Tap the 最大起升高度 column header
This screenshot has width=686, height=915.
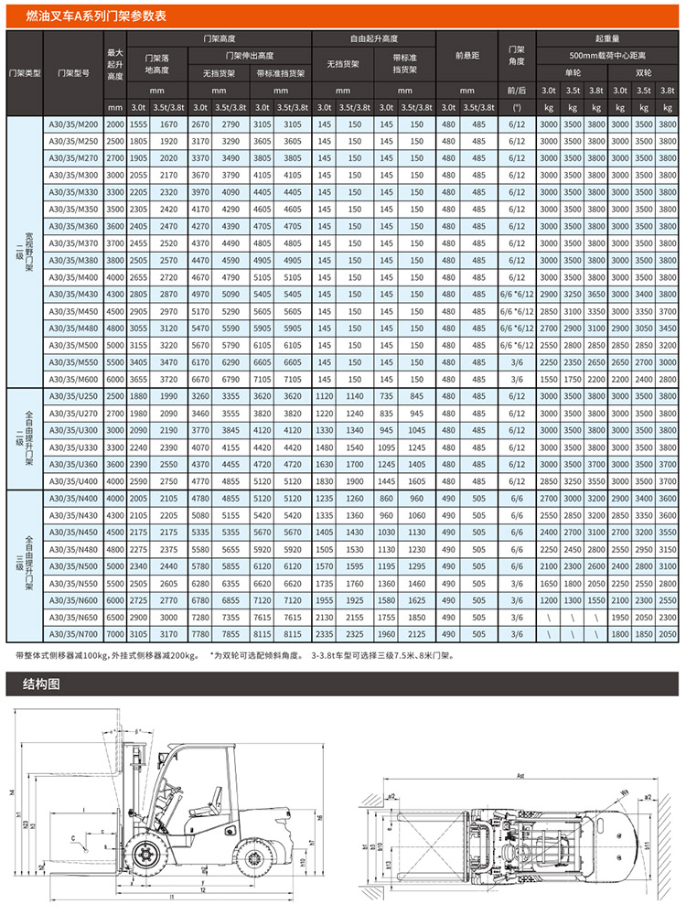(115, 63)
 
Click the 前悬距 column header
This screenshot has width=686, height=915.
(466, 57)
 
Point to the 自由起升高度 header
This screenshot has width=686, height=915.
(374, 38)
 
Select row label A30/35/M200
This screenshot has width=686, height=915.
(73, 124)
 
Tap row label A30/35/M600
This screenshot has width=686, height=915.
(73, 379)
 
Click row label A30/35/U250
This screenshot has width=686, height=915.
(73, 396)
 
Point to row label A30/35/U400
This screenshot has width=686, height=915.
(73, 480)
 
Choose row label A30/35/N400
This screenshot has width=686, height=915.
(73, 498)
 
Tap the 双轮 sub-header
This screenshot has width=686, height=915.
(644, 71)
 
